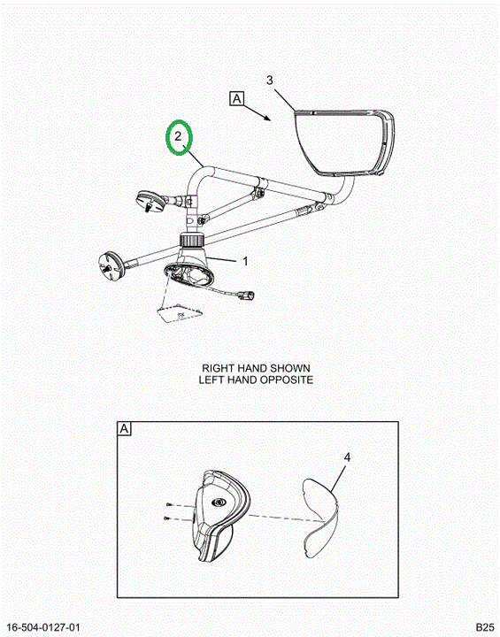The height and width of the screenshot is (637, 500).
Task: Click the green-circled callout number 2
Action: click(178, 136)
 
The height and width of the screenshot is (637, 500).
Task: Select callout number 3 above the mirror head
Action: click(270, 81)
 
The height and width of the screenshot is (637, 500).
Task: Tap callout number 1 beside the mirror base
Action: click(245, 261)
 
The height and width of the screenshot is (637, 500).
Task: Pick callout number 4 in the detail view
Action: click(347, 457)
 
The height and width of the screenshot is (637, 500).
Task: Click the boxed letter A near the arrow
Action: click(237, 99)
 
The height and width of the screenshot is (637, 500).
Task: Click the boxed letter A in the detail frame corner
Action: click(124, 428)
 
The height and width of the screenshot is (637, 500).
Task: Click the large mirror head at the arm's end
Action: click(343, 142)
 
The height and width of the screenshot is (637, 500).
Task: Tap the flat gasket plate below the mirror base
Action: click(179, 313)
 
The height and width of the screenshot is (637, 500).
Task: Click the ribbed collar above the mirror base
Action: click(191, 239)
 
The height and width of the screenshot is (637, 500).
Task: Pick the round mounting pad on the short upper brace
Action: click(150, 200)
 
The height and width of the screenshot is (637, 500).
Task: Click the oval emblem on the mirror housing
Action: click(219, 503)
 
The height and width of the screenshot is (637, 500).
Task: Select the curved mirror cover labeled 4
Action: click(321, 517)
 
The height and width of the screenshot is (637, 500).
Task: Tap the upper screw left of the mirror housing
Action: click(169, 504)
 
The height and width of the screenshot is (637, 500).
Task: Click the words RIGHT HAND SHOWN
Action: click(256, 368)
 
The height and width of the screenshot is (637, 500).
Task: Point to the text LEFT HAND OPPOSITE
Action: click(256, 380)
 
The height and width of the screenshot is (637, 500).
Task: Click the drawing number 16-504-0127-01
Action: click(43, 627)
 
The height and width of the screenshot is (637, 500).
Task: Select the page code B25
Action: click(485, 627)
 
